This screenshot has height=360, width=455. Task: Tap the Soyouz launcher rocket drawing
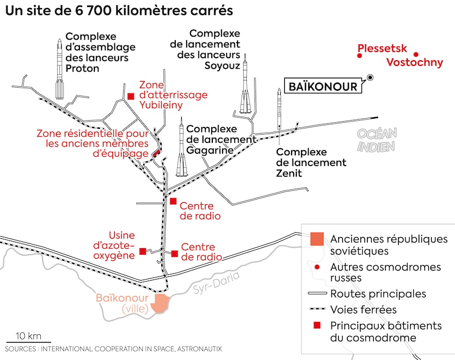coord(245,87)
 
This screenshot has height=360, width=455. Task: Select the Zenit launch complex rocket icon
coord(279,107)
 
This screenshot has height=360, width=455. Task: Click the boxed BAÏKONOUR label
coord(323,86)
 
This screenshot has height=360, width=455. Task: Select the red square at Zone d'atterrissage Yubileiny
coord(131,95)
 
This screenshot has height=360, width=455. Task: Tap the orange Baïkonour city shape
coord(161,303)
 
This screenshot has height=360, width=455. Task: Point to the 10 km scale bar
coord(28,341)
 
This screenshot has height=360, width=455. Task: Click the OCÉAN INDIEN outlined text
coord(377,140)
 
